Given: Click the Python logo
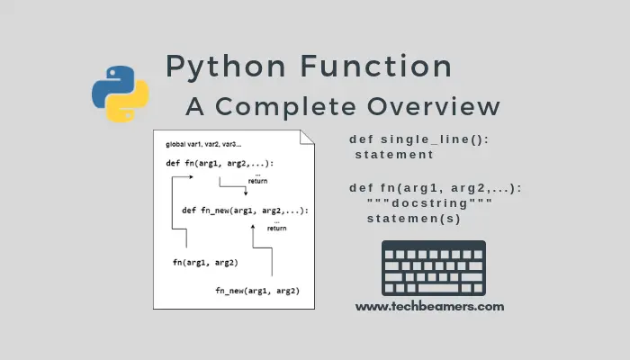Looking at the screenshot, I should (121, 93).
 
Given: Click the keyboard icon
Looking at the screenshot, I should (433, 268).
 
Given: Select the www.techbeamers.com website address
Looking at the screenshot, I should (429, 306).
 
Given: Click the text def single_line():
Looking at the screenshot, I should (419, 139).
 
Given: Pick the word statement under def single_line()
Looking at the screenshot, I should (394, 155).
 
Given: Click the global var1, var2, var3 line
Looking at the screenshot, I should (203, 145).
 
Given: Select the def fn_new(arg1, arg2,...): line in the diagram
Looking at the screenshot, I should (245, 211).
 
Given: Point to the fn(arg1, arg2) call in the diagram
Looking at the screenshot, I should (205, 262).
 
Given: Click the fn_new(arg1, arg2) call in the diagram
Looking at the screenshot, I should (257, 291).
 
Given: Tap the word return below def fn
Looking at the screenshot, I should (257, 181).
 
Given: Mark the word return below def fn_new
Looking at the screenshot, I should (276, 228).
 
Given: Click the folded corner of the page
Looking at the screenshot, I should (307, 139).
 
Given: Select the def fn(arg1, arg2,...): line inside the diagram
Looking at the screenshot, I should (220, 163).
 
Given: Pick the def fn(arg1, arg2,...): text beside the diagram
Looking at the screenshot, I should (436, 187).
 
